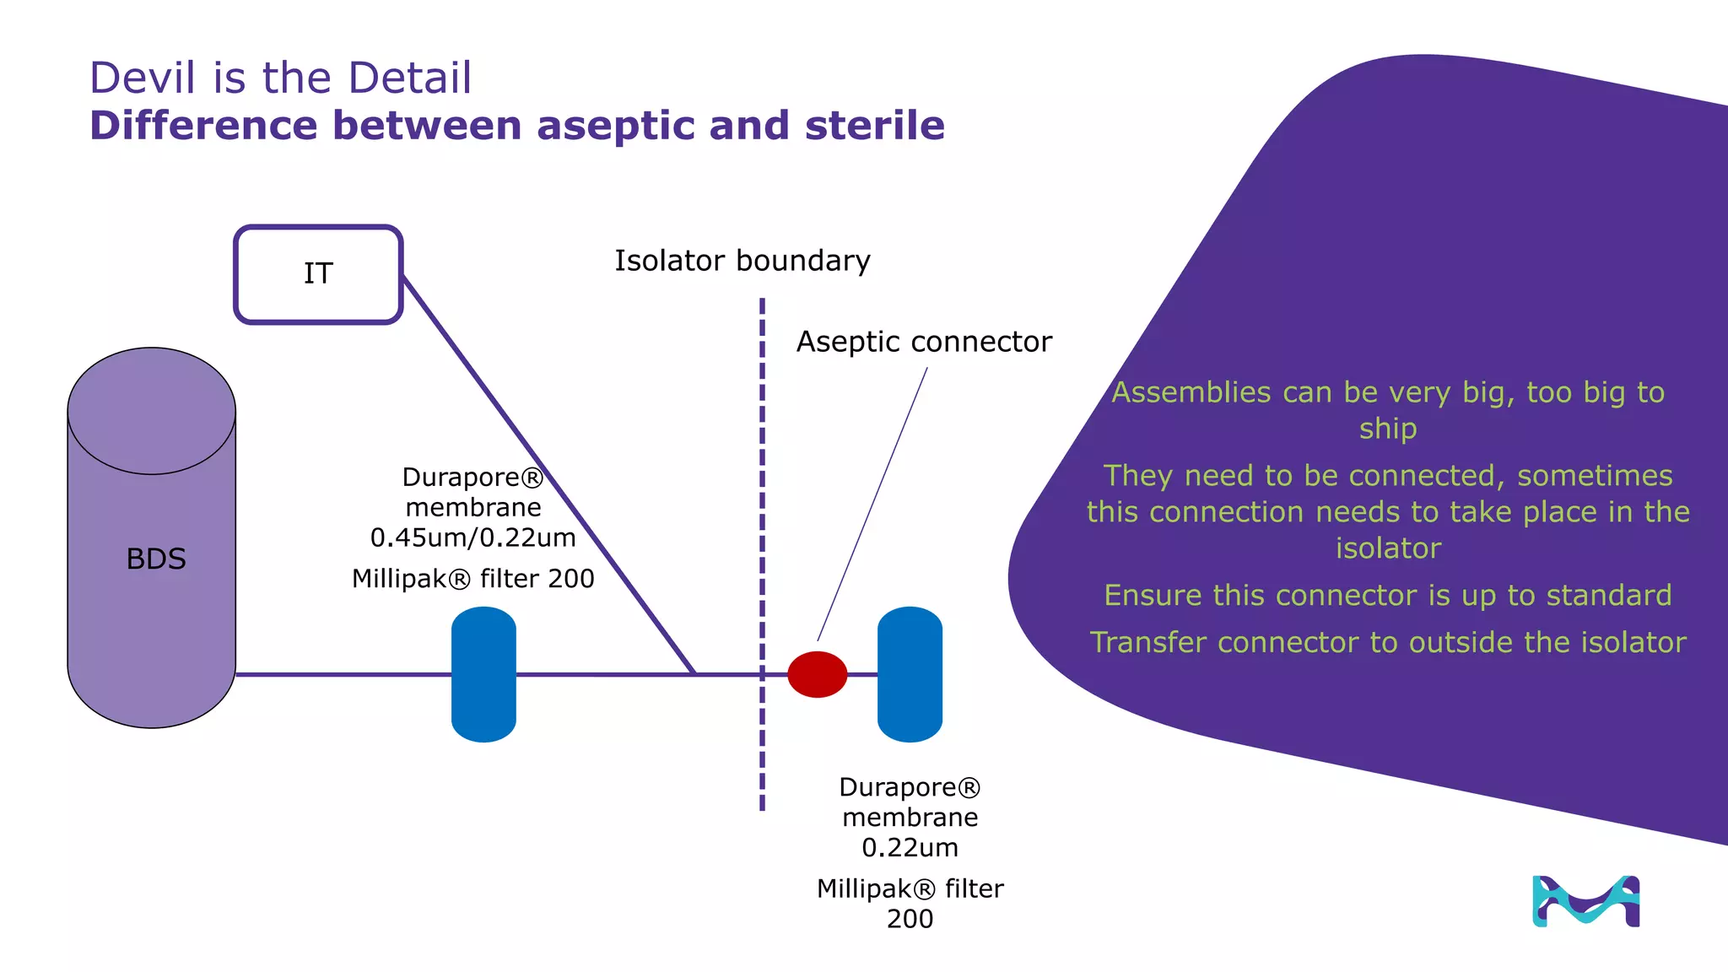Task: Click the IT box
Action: point(318,274)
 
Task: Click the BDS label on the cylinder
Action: point(156,559)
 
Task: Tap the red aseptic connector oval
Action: point(817,674)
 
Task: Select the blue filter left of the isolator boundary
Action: point(483,674)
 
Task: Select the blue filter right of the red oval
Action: point(910,674)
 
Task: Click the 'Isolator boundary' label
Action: point(742,261)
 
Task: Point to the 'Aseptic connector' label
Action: point(924,342)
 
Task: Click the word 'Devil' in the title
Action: point(144,78)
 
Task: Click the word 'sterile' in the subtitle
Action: point(874,126)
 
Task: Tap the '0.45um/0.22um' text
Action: point(472,537)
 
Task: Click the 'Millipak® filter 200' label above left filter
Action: point(472,579)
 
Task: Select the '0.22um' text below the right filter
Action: point(910,847)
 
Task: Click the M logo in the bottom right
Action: point(1585,901)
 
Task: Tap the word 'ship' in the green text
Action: point(1387,429)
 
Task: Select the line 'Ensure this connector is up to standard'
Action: point(1387,595)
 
